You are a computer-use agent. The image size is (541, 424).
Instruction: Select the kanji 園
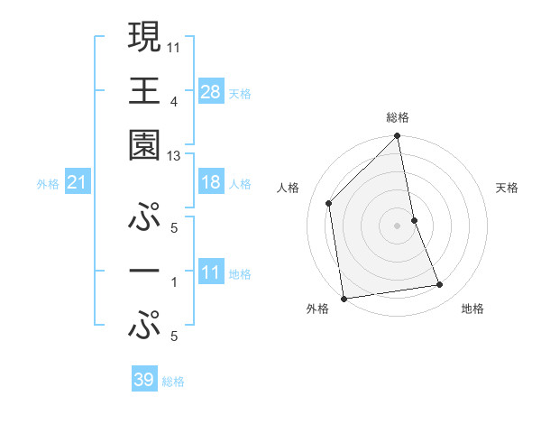coord(144,143)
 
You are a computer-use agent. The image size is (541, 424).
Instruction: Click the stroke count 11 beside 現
coord(175,46)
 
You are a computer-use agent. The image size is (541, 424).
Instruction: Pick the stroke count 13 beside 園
coord(175,156)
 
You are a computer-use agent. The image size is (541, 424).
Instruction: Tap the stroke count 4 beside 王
coord(174,101)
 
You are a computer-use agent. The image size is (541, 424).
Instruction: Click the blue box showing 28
coord(211,92)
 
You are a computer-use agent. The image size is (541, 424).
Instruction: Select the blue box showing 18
coord(211,182)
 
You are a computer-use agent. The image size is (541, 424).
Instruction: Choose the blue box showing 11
coord(211,273)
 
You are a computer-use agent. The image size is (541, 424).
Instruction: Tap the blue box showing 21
coord(78,183)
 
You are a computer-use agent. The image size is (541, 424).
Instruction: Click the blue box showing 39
coord(144,380)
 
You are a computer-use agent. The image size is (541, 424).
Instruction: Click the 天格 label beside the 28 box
coord(240,94)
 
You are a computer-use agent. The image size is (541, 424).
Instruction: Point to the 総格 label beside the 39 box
coord(173,382)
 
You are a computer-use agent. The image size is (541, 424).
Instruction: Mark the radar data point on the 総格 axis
coord(397,137)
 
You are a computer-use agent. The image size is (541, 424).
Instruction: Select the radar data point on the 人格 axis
coord(329,203)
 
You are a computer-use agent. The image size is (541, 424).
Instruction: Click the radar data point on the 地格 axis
coord(440,285)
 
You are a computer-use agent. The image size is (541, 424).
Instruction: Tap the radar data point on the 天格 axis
coord(414,219)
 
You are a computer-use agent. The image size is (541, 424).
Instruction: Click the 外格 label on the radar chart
coord(317,309)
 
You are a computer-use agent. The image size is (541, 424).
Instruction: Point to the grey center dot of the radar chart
coord(397,226)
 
